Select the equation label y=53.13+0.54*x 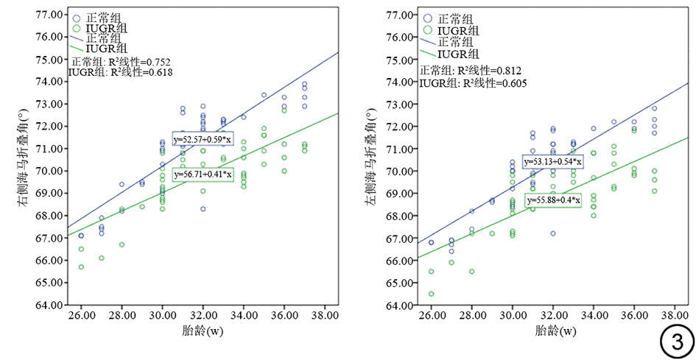click(x=552, y=162)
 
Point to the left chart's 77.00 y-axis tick click(x=48, y=14)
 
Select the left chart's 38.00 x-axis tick click(x=325, y=316)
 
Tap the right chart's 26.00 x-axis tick click(x=432, y=316)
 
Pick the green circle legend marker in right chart click(x=428, y=30)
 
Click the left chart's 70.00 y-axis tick click(x=48, y=171)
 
